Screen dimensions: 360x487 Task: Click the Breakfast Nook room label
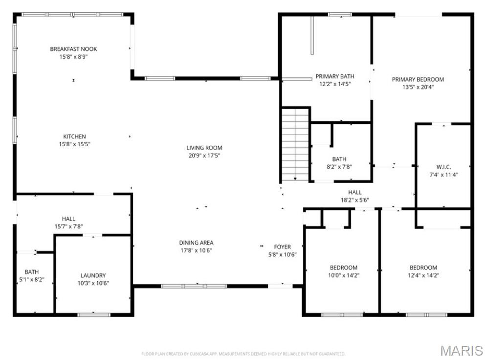73,49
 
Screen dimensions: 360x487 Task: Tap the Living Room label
204,148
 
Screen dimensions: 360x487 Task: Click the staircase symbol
295,144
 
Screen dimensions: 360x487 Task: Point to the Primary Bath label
335,76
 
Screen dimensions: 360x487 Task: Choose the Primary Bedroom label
418,79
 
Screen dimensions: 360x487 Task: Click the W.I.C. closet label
444,167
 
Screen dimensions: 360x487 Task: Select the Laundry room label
93,275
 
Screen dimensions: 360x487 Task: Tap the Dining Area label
196,243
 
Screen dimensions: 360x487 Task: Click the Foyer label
282,247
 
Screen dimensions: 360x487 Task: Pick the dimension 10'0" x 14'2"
343,275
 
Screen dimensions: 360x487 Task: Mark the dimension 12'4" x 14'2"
423,275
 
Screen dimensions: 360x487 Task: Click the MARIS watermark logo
462,351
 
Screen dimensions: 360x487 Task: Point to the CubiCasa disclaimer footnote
243,354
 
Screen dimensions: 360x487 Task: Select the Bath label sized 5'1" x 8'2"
32,272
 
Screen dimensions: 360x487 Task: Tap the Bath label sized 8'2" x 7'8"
339,159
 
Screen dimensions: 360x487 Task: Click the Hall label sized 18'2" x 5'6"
355,192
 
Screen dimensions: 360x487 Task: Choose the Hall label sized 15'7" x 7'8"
68,219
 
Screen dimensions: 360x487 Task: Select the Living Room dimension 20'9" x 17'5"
204,156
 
